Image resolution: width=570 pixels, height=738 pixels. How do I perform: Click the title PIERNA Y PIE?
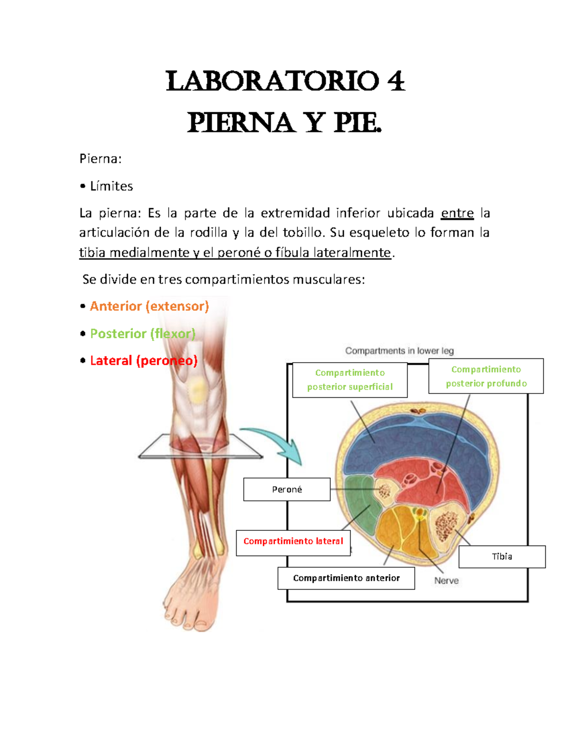tap(285, 123)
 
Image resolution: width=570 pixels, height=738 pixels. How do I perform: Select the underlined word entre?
tap(457, 213)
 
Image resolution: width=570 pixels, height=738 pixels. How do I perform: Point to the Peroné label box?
tap(287, 489)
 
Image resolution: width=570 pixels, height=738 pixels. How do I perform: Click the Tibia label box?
tap(502, 556)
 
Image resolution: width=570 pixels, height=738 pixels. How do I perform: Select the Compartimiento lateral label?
tap(293, 541)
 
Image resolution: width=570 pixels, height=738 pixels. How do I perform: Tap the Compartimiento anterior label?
tap(346, 578)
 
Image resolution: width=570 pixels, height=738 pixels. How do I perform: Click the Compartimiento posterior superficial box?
tap(350, 380)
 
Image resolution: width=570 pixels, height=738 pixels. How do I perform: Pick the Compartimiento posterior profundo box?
tap(486, 376)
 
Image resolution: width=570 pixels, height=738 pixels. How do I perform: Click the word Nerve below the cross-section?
tap(446, 581)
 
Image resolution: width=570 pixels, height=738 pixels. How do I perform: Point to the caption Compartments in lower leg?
tap(399, 351)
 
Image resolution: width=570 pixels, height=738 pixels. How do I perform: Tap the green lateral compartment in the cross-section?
tap(359, 499)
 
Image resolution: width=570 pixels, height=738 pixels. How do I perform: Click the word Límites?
tap(112, 186)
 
